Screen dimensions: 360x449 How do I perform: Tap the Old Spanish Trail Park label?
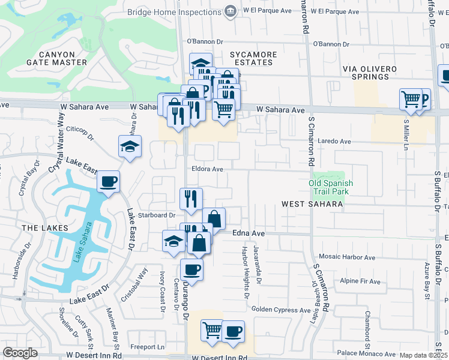click(331, 188)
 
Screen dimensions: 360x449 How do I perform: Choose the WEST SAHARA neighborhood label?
click(312, 205)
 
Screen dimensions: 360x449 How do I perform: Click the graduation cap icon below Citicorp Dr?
click(130, 146)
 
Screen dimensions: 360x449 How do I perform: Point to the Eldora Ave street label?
click(207, 170)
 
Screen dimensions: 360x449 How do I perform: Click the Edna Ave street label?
click(249, 233)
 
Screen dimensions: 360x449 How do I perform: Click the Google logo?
click(20, 353)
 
